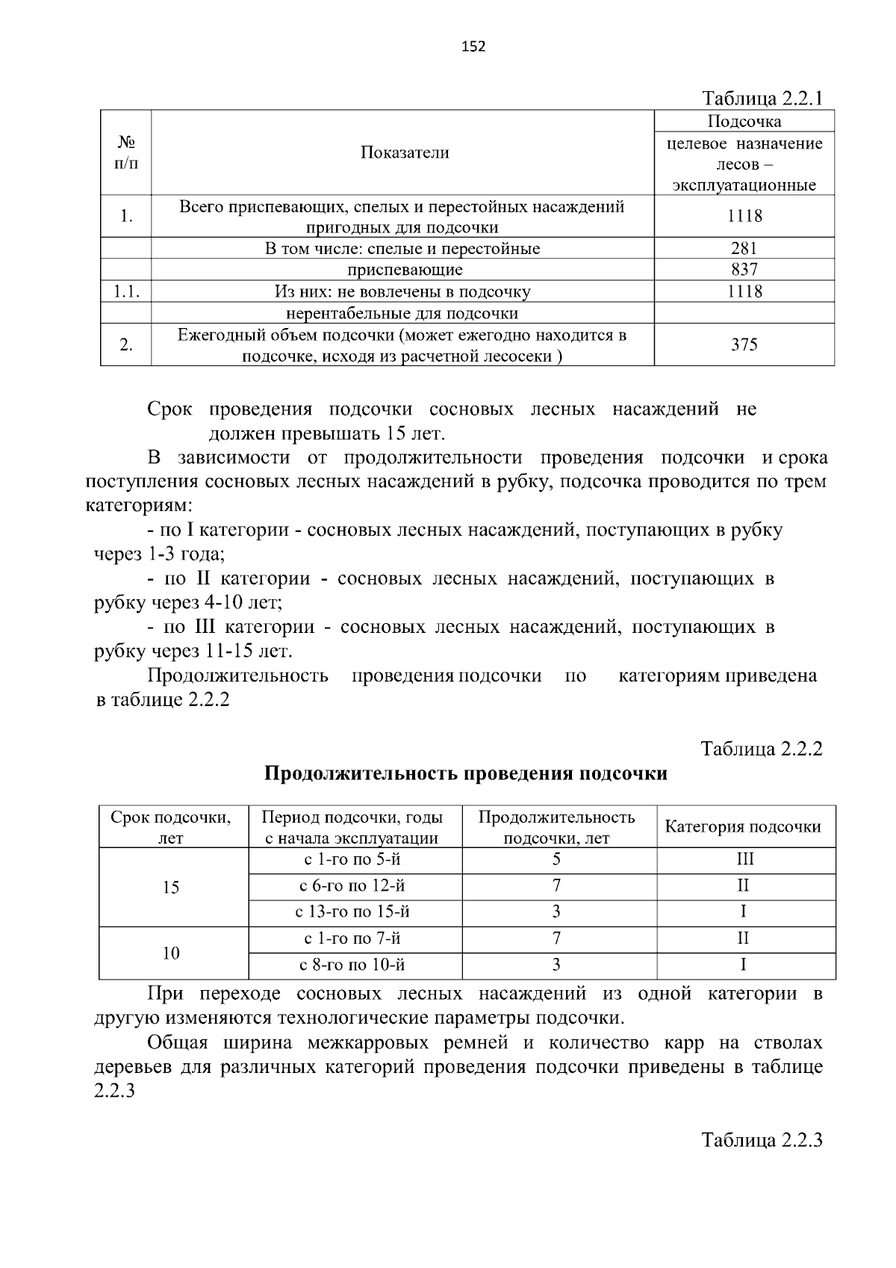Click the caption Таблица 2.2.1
[762, 99]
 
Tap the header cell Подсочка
[744, 121]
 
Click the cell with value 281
[744, 248]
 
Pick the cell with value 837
[744, 270]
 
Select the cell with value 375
[744, 344]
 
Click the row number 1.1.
[126, 291]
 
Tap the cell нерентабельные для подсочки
[402, 313]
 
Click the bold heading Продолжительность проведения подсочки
[466, 773]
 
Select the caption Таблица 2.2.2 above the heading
[762, 749]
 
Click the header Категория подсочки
[743, 826]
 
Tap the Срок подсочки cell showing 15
[171, 887]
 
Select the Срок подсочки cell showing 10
[171, 953]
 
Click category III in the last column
[744, 859]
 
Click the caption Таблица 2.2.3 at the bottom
[762, 1140]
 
